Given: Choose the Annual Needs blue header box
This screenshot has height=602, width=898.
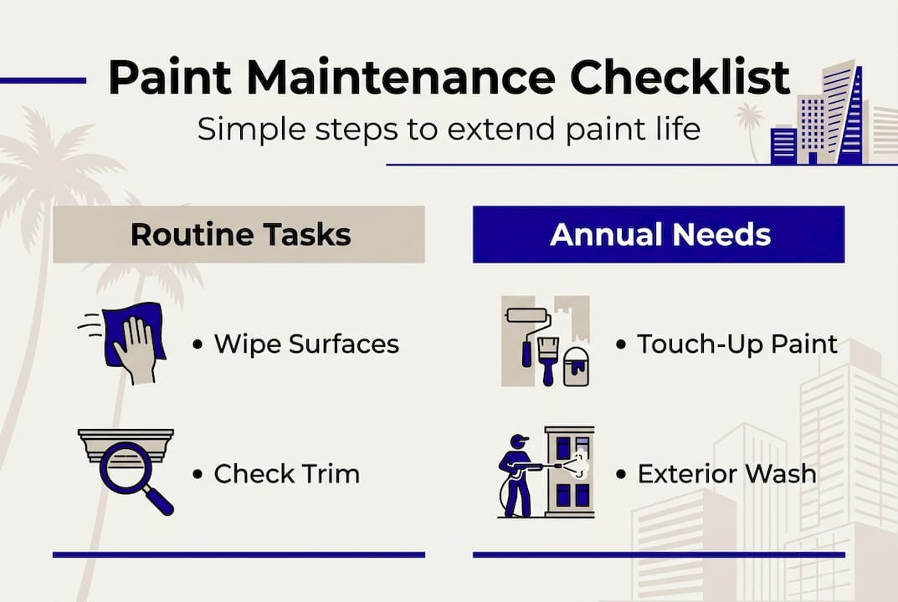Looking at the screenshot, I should [659, 235].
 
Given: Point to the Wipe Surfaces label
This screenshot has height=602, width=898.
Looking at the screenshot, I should [306, 344].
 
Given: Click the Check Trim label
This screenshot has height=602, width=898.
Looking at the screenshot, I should [286, 474].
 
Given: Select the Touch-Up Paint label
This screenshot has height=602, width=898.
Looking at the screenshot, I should [736, 344].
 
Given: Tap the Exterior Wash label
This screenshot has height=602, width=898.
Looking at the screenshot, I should [726, 474].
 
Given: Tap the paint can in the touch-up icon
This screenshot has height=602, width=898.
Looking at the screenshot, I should [576, 366].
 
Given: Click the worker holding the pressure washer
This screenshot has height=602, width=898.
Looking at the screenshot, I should [515, 472].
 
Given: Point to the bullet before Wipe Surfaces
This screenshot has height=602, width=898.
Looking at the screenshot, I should [198, 344].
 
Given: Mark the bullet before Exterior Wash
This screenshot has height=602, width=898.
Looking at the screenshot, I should [621, 475].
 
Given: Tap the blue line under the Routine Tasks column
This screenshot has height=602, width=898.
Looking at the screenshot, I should [239, 554].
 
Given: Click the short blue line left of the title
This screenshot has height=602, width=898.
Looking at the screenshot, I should [43, 81].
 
